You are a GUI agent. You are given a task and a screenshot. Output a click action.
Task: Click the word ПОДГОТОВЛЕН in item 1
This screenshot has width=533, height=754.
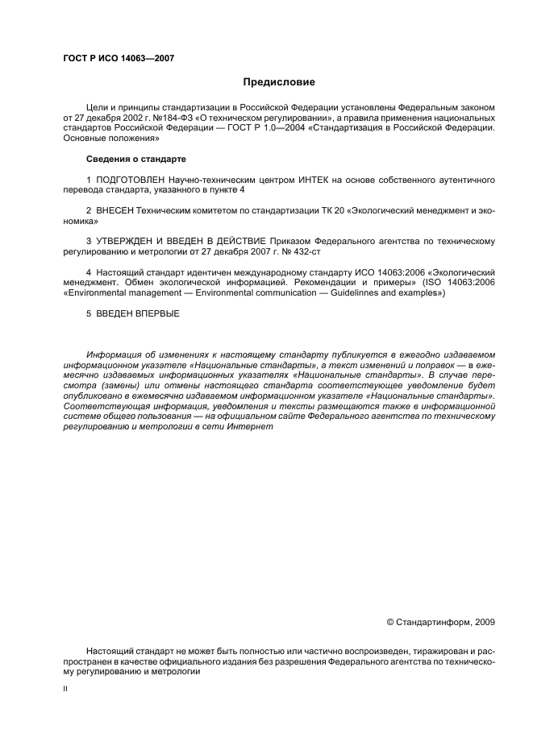[x=130, y=180]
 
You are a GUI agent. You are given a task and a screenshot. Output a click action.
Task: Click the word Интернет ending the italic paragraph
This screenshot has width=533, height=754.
[x=253, y=427]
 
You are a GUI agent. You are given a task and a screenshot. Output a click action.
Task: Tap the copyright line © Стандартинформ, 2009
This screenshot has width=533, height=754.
[x=440, y=622]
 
